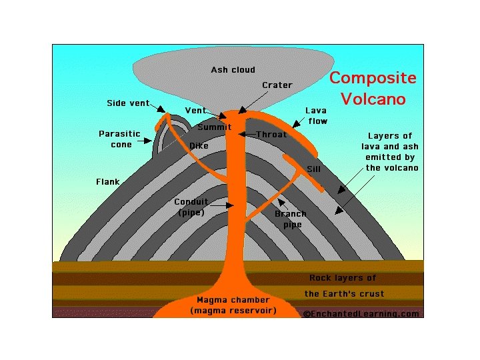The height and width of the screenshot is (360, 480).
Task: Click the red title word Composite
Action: (373, 78)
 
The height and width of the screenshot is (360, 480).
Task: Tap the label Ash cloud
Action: (233, 70)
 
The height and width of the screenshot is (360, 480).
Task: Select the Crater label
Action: (277, 85)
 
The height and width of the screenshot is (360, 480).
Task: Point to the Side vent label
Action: (127, 103)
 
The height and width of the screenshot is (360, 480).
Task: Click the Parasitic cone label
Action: (120, 139)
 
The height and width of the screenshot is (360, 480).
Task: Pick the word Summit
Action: (215, 127)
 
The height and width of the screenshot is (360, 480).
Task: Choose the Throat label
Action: (271, 134)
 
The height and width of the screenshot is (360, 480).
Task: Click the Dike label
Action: (199, 145)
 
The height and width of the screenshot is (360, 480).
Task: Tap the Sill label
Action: (313, 169)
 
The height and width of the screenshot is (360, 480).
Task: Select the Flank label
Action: (107, 181)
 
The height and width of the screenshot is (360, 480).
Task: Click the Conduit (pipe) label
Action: (191, 207)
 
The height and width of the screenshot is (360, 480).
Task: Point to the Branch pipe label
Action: (291, 219)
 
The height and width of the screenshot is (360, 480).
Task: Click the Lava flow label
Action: (317, 115)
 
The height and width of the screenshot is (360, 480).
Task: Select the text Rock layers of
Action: (343, 278)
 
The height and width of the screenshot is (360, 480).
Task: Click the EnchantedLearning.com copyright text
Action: (361, 313)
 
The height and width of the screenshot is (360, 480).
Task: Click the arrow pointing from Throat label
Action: (247, 135)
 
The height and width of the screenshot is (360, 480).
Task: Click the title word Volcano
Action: (373, 99)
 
